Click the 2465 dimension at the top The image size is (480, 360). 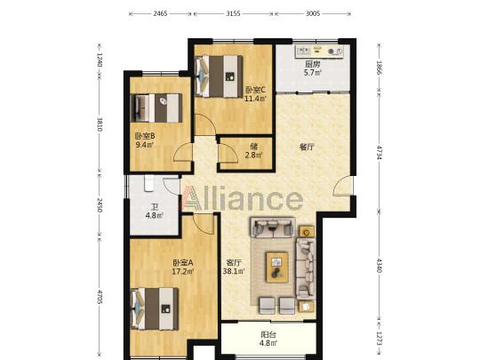click(160, 13)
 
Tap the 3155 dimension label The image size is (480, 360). click(233, 13)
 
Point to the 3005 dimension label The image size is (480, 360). click(313, 13)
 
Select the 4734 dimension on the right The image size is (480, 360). click(380, 153)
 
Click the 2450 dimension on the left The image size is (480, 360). click(100, 205)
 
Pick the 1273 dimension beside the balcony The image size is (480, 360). click(380, 339)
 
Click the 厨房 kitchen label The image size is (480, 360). click(312, 64)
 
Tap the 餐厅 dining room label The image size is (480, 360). click(307, 147)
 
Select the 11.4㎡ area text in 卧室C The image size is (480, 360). click(255, 99)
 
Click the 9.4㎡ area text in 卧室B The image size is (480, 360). click(144, 145)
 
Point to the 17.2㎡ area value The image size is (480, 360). click(183, 271)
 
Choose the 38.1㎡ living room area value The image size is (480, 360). click(234, 271)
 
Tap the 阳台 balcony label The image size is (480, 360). click(268, 334)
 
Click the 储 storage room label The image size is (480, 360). click(253, 147)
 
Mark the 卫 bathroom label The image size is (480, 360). click(155, 207)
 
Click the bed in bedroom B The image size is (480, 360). click(156, 108)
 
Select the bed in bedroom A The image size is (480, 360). click(155, 308)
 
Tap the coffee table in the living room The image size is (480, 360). click(277, 267)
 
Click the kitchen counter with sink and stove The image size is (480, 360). click(319, 52)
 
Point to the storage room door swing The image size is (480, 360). click(228, 154)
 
